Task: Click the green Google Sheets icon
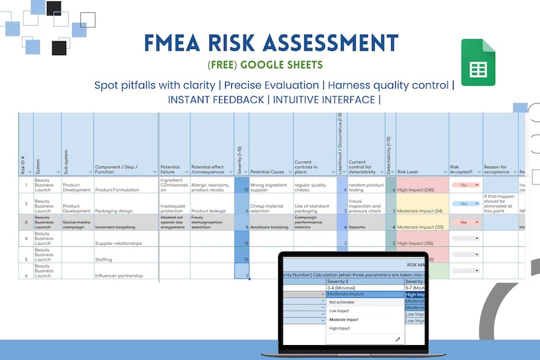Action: (478, 62)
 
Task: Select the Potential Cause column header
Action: (267, 172)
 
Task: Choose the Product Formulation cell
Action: (118, 191)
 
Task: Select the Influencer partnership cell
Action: (119, 276)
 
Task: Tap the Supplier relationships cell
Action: (119, 243)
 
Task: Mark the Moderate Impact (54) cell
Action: (420, 211)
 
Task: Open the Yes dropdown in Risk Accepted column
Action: (465, 203)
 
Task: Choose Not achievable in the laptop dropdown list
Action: (341, 302)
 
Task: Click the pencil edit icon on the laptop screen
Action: (398, 338)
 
